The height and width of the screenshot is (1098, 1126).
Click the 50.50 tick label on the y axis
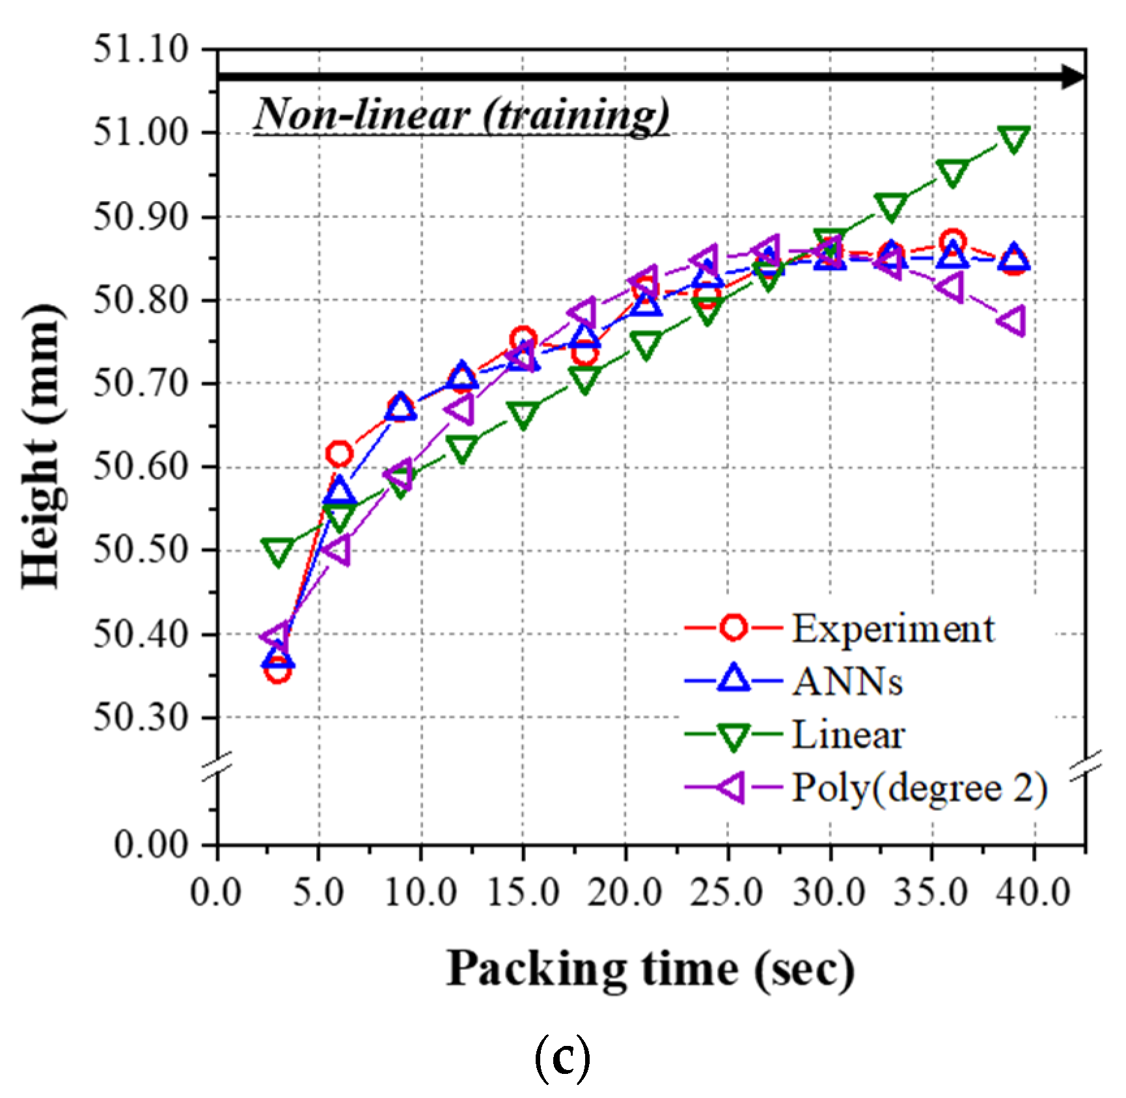coord(141,550)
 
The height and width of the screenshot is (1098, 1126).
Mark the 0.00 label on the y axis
coord(151,844)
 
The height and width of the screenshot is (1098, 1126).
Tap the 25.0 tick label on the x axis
coord(727,892)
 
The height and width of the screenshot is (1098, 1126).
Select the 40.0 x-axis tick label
coord(1033,892)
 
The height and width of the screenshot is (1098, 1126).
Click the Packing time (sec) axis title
coord(650,970)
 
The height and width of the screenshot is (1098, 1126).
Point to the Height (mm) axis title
coord(43,446)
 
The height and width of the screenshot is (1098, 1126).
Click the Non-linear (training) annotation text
coord(461,115)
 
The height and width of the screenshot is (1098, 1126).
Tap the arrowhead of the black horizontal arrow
coord(1073,77)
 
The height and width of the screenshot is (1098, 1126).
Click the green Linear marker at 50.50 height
coord(278,552)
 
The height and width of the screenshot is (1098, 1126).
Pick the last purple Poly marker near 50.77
coord(1013,322)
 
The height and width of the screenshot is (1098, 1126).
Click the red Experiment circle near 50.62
coord(339,453)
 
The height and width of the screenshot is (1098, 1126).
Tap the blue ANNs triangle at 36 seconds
coord(952,253)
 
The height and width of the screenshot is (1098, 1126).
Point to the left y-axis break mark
coord(217,766)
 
